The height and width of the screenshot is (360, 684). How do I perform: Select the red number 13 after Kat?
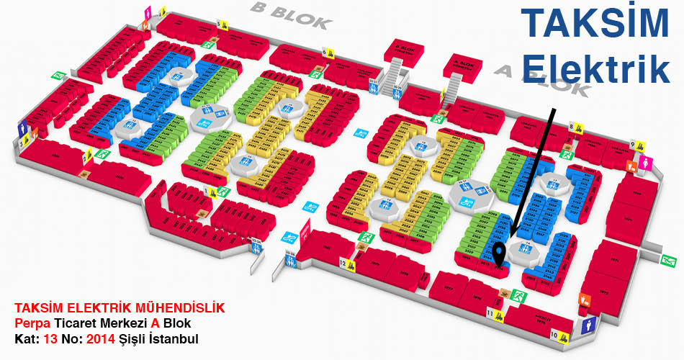tap(50, 338)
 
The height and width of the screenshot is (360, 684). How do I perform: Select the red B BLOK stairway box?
tap(406, 50)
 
